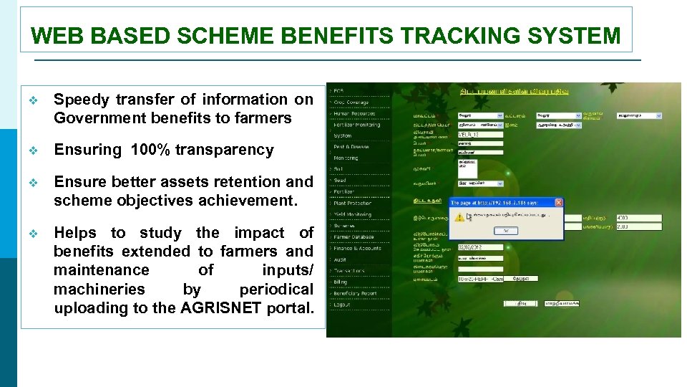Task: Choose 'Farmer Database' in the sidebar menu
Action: (354, 236)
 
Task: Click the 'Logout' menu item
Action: (343, 304)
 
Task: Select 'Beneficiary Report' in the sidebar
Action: (356, 293)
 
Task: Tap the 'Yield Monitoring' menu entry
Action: (352, 214)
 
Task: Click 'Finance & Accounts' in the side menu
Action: (357, 248)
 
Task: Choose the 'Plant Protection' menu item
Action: (352, 203)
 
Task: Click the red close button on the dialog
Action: (559, 203)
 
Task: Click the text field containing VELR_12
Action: (477, 134)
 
